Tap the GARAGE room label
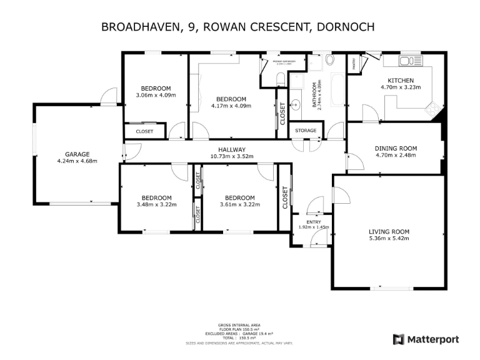coord(78,154)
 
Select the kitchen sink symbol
coord(407,61)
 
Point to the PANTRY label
coord(354,63)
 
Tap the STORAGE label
coord(306,131)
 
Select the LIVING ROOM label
coord(389,231)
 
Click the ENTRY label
coord(313,222)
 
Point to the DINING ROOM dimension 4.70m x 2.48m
coord(395,156)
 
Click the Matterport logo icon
coord(398,339)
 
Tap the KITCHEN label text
coord(401,81)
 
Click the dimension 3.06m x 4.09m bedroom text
coord(156,96)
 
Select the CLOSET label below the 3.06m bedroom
coord(144,132)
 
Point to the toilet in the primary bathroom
coord(281,78)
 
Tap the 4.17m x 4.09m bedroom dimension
coord(231,106)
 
